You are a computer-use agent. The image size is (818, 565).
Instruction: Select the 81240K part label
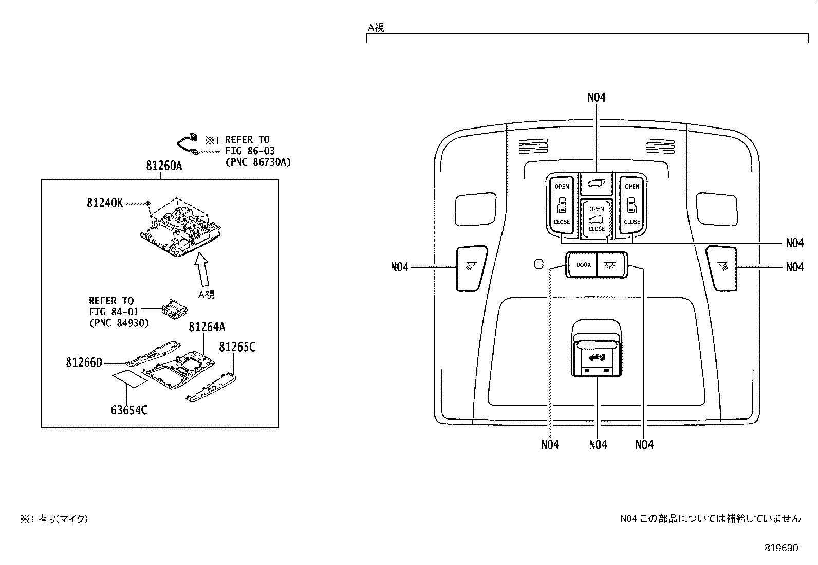click(x=105, y=203)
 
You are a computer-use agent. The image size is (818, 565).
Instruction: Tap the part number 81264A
click(x=207, y=327)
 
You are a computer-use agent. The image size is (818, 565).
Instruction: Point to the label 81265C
click(x=237, y=347)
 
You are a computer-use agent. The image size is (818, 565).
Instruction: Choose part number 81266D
click(x=84, y=362)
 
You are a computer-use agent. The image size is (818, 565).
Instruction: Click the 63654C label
click(x=129, y=410)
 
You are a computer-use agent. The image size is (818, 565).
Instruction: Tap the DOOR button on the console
click(x=583, y=265)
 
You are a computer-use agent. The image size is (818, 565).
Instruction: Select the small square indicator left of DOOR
click(x=538, y=264)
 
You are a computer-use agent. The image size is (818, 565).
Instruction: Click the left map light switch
click(x=471, y=267)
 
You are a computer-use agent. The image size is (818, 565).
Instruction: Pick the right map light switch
click(x=722, y=266)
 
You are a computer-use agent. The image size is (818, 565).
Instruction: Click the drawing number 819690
click(x=781, y=548)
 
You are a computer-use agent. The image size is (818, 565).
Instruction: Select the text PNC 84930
click(x=119, y=323)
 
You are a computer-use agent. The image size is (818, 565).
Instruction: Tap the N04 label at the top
click(x=597, y=97)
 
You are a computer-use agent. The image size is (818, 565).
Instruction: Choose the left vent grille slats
click(x=532, y=146)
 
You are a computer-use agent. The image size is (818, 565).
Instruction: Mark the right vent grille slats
click(x=660, y=146)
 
